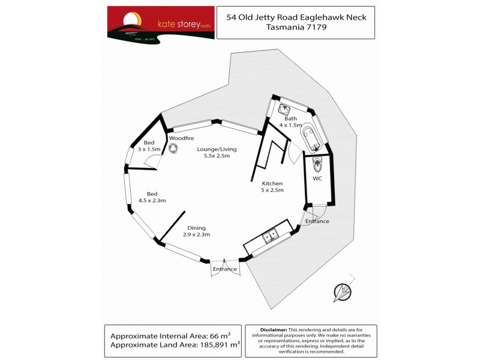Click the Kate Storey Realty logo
coord(160,23)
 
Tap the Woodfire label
coord(181,138)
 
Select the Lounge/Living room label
coord(220,152)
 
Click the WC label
coord(318,179)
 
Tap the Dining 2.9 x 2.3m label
coord(196,232)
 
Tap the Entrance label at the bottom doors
coord(225,269)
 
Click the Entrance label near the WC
coord(317,221)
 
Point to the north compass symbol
coord(343,293)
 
